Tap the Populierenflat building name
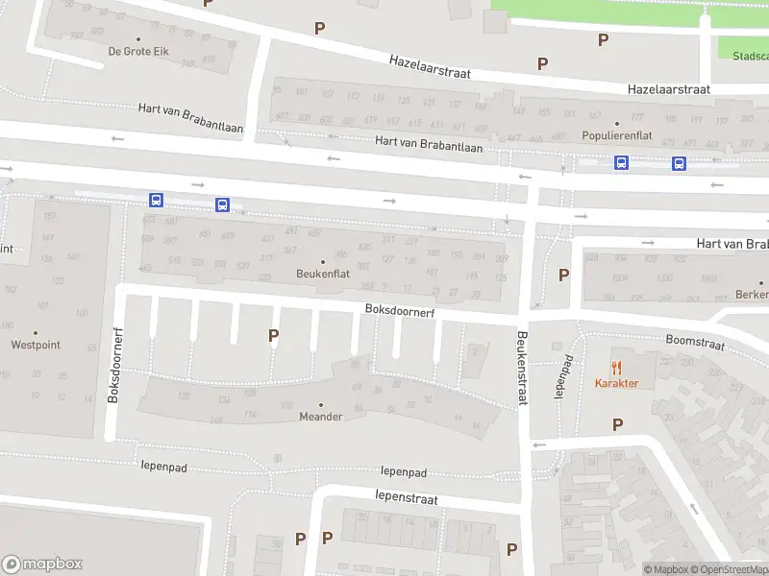pos(616,135)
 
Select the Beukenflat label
pos(322,274)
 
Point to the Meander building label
pos(320,417)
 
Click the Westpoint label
pos(36,345)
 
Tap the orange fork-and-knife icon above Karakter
pos(616,367)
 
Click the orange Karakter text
pos(616,383)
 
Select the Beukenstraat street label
pos(523,370)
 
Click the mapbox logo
pos(42,564)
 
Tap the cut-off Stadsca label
pos(749,56)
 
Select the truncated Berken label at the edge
pos(751,295)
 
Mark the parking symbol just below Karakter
pos(617,423)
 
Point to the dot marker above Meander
pos(320,404)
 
